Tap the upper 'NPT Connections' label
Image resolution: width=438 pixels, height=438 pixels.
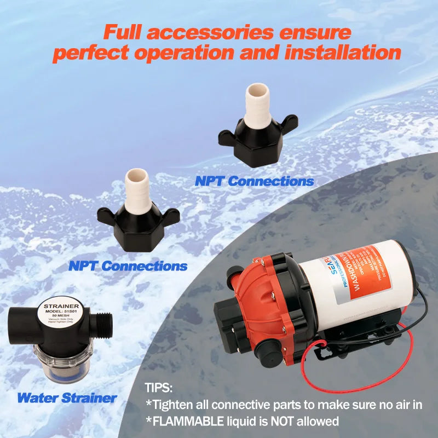click(x=254, y=181)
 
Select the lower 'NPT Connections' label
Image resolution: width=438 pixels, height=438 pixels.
click(x=128, y=266)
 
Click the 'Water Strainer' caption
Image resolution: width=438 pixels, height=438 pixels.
click(x=67, y=397)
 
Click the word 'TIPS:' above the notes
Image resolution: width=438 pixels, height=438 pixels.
click(x=159, y=388)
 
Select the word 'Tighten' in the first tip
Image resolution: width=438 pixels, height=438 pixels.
click(x=174, y=405)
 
